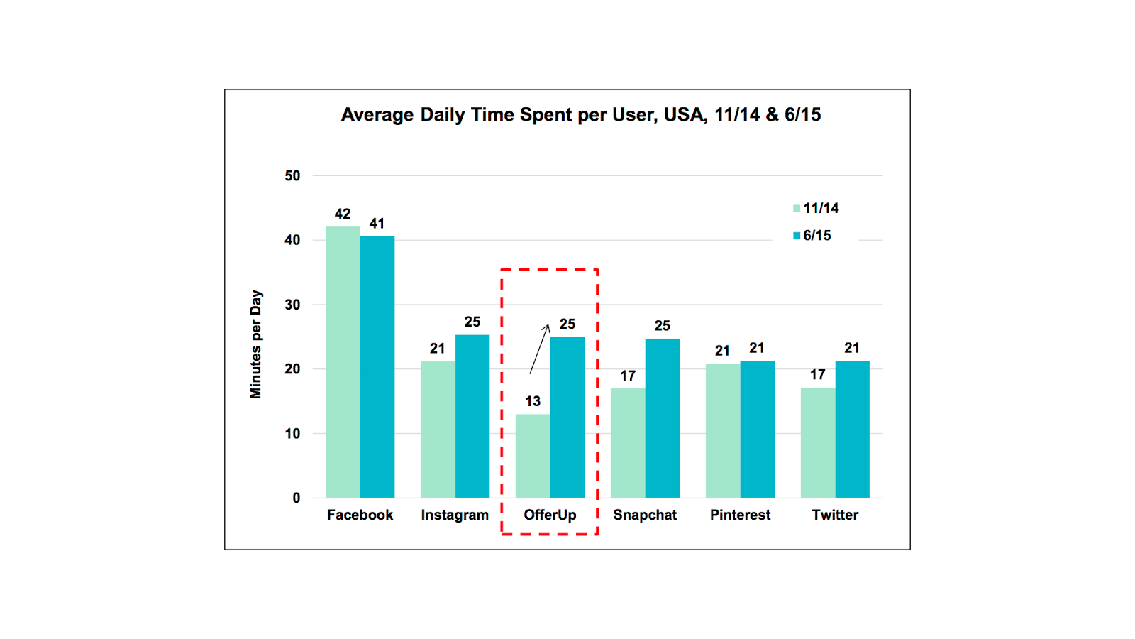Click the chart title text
[x=581, y=114]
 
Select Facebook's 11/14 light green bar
[x=343, y=362]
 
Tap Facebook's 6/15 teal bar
[x=377, y=367]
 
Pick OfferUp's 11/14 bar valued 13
[x=533, y=456]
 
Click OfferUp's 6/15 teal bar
[x=567, y=417]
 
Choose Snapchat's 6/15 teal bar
[x=663, y=418]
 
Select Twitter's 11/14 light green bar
[x=818, y=443]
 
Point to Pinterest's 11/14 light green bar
[x=723, y=430]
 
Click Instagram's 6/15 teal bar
[x=472, y=416]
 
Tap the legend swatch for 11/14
[x=797, y=209]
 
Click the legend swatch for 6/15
[x=797, y=236]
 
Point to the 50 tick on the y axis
[x=292, y=176]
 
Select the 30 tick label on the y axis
[x=292, y=305]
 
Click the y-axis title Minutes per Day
[x=256, y=344]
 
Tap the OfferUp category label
[x=550, y=515]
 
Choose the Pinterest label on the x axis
[x=740, y=515]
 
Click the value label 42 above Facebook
[x=343, y=214]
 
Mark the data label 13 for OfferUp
[x=533, y=402]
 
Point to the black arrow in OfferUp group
[x=539, y=349]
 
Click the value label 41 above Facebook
[x=377, y=224]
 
